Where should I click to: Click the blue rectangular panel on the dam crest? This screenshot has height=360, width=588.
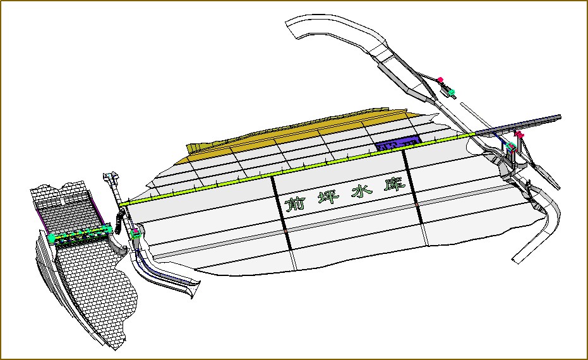[x=398, y=143]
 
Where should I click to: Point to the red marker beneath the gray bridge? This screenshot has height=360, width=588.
[x=519, y=135]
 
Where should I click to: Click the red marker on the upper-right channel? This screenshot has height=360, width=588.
[x=440, y=79]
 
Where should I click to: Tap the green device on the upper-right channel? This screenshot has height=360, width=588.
[x=452, y=92]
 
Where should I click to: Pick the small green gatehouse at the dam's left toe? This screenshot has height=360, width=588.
[x=135, y=234]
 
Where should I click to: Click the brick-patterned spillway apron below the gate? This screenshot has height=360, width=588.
[x=95, y=284]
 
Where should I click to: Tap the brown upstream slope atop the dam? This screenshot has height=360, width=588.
[x=303, y=133]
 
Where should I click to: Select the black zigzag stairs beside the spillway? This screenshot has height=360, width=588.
[x=118, y=196]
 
